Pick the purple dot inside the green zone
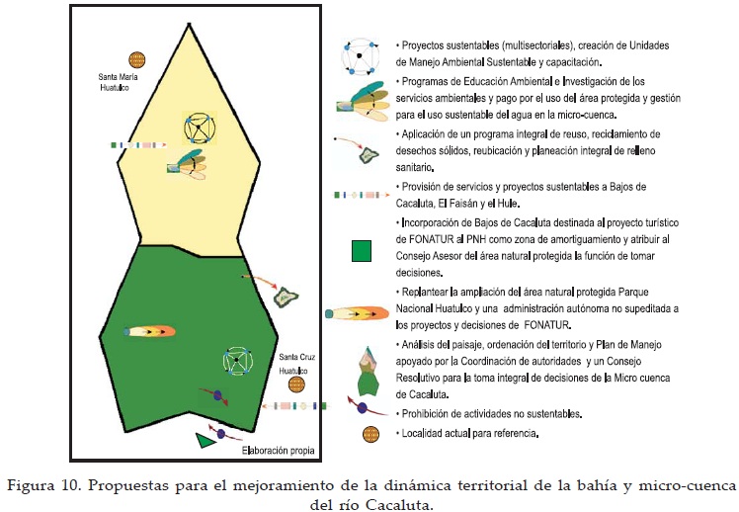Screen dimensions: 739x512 point(217,395)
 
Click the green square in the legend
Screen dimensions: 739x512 point(365,250)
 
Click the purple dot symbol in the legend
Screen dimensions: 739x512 point(363,407)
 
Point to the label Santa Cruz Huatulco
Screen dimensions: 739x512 point(296,362)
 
